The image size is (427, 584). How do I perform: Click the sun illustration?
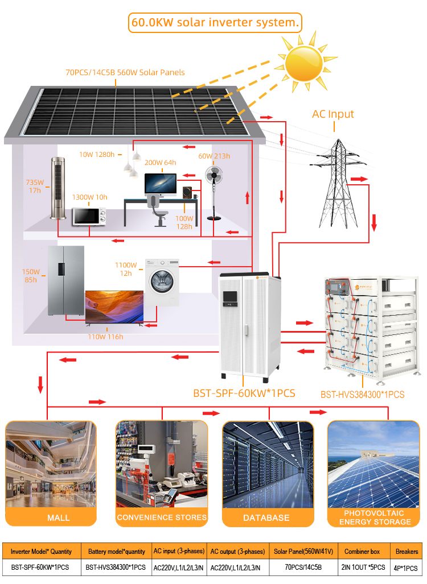(x=304, y=63)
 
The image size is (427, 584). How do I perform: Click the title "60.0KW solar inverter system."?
(x=215, y=22)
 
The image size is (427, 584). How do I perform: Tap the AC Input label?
(x=332, y=114)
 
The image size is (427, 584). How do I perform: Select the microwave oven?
(x=89, y=217)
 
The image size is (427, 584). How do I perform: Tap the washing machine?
(x=162, y=282)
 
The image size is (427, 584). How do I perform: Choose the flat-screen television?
(x=114, y=307)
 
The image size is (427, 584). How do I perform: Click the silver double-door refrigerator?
(x=66, y=281)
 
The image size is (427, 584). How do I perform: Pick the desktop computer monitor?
(x=161, y=184)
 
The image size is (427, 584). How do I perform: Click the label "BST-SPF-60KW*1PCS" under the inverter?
(x=244, y=394)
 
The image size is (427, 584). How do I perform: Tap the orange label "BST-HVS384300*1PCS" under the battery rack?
(x=362, y=395)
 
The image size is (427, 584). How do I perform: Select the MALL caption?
(x=58, y=517)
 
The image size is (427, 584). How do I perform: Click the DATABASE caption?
(x=266, y=517)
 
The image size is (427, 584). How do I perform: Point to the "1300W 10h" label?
(x=89, y=197)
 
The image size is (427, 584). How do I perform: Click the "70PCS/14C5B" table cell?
(x=303, y=568)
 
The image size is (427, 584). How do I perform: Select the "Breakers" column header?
(x=407, y=551)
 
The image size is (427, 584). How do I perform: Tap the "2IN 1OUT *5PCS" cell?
(x=363, y=568)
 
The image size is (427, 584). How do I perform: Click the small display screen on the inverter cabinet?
(x=229, y=297)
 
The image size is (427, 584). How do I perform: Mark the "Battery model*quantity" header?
(x=116, y=552)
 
